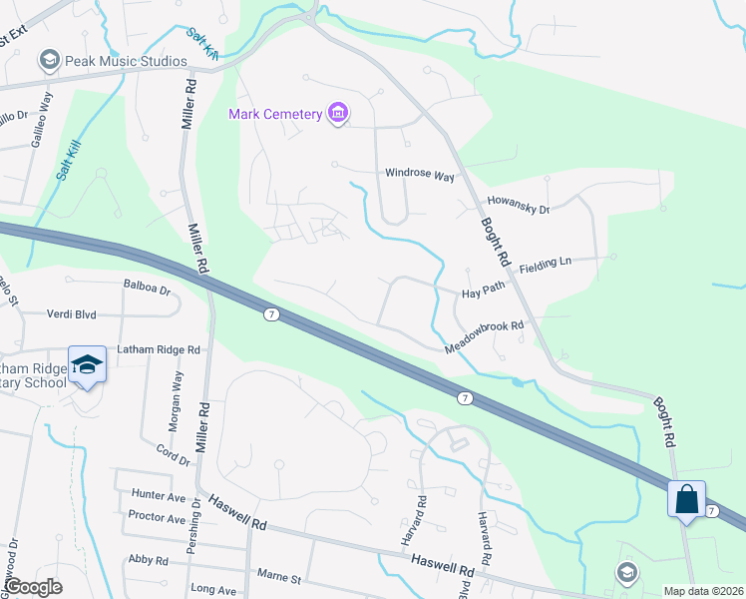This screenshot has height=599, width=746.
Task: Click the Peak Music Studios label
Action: coord(126,61)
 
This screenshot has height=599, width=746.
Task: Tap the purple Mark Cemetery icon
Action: coord(338,114)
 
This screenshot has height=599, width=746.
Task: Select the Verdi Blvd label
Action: coord(72,313)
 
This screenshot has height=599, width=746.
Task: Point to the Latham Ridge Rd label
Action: coord(159,349)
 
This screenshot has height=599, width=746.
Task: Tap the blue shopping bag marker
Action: coord(687,498)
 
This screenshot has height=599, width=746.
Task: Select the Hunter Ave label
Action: coord(159,495)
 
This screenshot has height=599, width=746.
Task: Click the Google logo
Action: coord(34,588)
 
